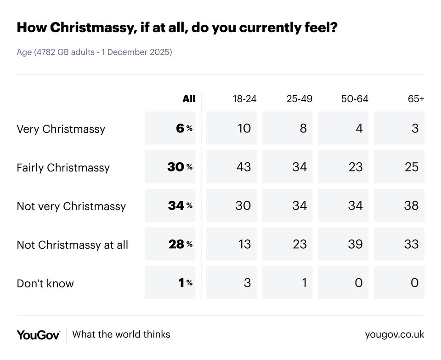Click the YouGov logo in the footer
click(x=38, y=335)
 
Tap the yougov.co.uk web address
click(x=395, y=335)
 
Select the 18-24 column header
click(x=244, y=99)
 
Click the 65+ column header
click(x=415, y=99)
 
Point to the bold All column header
click(x=189, y=99)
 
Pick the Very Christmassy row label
click(x=61, y=129)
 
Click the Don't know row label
click(x=45, y=283)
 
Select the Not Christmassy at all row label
click(x=72, y=245)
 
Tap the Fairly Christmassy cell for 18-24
click(x=232, y=166)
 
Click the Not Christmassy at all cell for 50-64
click(x=344, y=244)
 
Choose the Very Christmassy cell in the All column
click(x=170, y=128)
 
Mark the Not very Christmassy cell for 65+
click(x=399, y=205)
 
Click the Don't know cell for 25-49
click(x=288, y=282)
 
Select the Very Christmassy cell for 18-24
click(x=232, y=128)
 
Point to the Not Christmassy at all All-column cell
click(x=170, y=244)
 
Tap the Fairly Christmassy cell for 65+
click(x=399, y=166)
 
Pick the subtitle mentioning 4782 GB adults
click(x=94, y=52)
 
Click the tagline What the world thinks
click(x=121, y=334)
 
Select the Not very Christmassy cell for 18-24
click(x=232, y=205)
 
